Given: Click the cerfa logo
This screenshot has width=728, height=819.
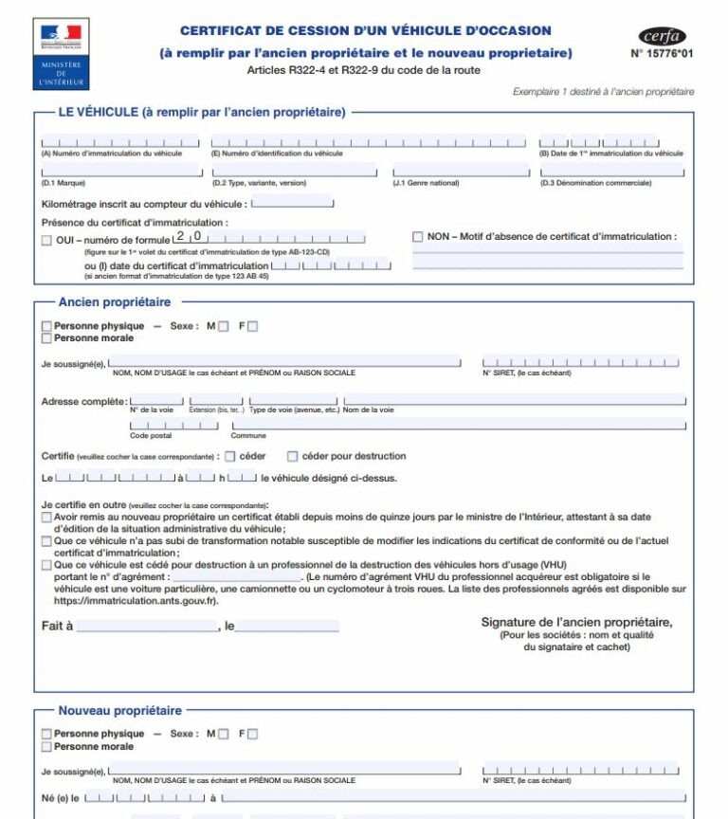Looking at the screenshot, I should coord(662,37).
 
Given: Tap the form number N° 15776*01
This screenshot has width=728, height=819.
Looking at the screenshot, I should coord(662,54).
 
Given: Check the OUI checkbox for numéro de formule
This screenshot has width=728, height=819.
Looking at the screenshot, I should coord(46,241).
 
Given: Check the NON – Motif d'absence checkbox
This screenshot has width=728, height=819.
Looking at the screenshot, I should coord(418,237).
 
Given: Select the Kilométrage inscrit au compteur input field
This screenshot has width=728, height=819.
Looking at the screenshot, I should coord(292,203).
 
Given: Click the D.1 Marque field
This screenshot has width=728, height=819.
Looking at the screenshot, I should coord(121,172).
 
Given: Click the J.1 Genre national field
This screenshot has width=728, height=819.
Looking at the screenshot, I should coord(462,172).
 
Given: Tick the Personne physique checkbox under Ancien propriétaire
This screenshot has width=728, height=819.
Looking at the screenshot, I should coord(46,326).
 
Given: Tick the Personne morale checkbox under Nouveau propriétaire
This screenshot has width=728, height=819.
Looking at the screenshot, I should coord(46,746).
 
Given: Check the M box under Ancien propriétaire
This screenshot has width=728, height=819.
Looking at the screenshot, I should coord(224,326).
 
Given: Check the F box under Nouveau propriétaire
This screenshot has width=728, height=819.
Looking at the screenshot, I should coord(252,734).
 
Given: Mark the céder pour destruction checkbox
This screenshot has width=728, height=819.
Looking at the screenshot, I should coord(293,456).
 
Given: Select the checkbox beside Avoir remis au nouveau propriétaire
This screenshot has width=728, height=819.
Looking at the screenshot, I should coord(46,518).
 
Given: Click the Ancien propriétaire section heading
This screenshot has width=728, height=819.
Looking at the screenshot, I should coord(115,302).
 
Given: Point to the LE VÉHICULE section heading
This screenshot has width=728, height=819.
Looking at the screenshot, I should coord(201,112).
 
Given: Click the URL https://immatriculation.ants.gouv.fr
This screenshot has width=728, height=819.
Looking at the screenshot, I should coord(136,600).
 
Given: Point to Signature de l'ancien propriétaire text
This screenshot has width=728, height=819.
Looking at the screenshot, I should coord(576,622).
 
